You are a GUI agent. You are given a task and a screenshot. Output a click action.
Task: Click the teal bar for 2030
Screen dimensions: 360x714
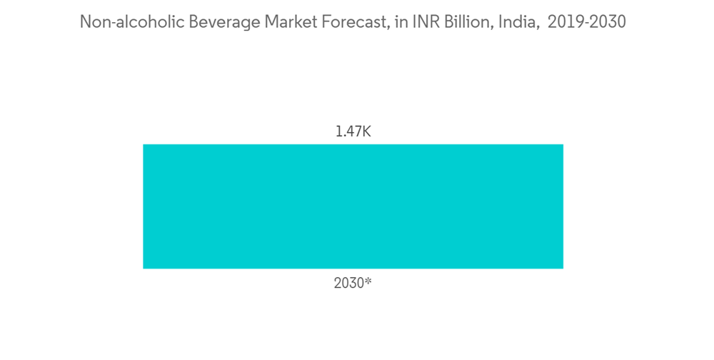coord(353,206)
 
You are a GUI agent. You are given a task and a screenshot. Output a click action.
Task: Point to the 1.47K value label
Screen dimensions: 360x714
coord(353,131)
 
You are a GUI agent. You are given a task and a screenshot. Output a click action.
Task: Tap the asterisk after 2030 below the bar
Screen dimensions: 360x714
coord(368,281)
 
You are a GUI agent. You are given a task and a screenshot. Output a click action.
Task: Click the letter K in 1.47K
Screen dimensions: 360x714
coord(366,131)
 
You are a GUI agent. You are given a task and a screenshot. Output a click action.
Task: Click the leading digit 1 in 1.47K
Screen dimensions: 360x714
coord(338,131)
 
